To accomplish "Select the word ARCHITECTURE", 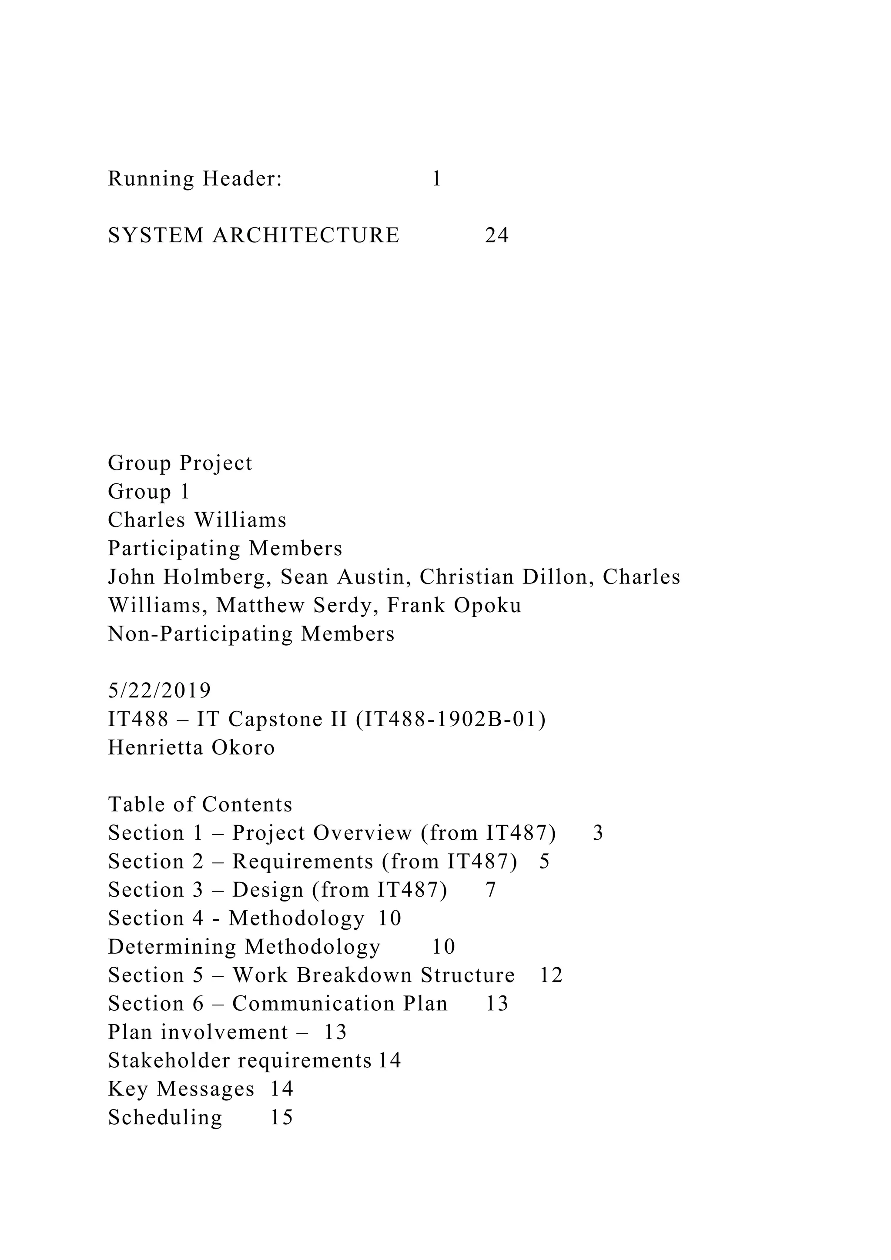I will (x=306, y=235).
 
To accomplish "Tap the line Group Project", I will (x=180, y=463).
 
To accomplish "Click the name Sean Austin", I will (x=343, y=577).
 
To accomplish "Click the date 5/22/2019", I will (x=159, y=691).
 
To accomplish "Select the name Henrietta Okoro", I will (x=191, y=748).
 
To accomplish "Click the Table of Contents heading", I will (x=200, y=805).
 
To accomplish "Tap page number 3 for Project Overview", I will (x=598, y=834).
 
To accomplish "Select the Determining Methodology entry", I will (x=244, y=947).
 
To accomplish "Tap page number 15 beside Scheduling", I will (x=281, y=1118).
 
